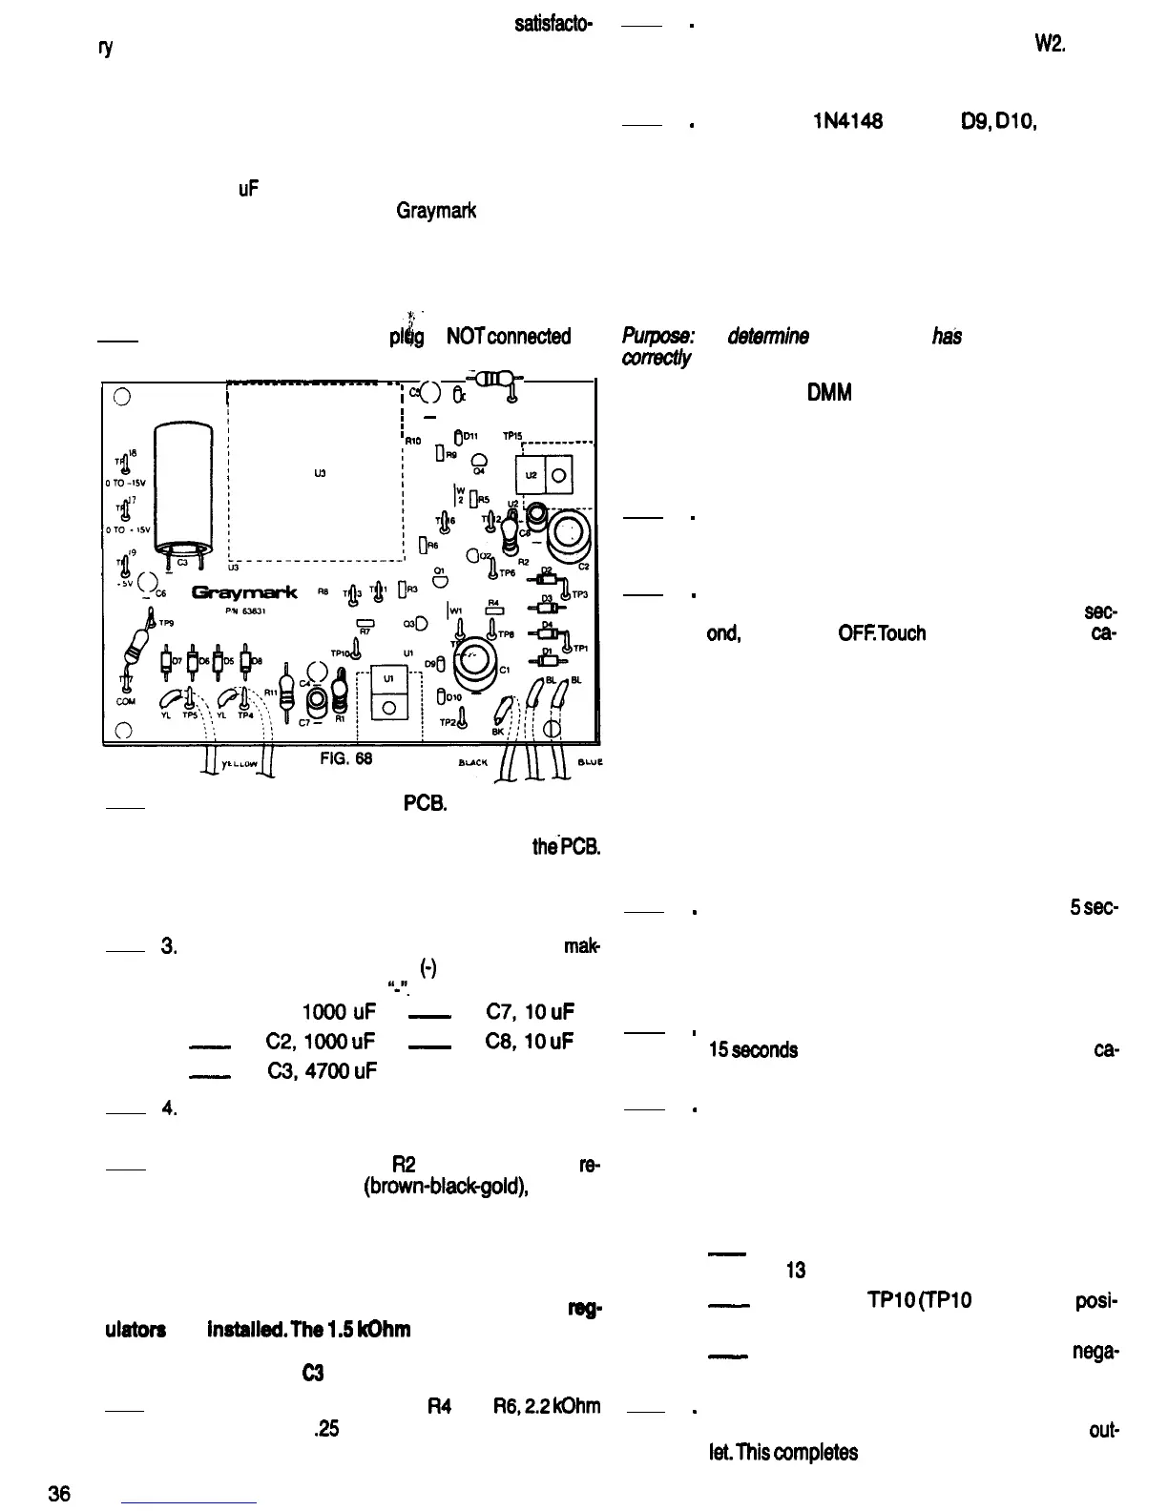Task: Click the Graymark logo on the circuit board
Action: click(245, 593)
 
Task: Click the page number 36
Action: click(60, 1494)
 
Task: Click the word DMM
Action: click(828, 392)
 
